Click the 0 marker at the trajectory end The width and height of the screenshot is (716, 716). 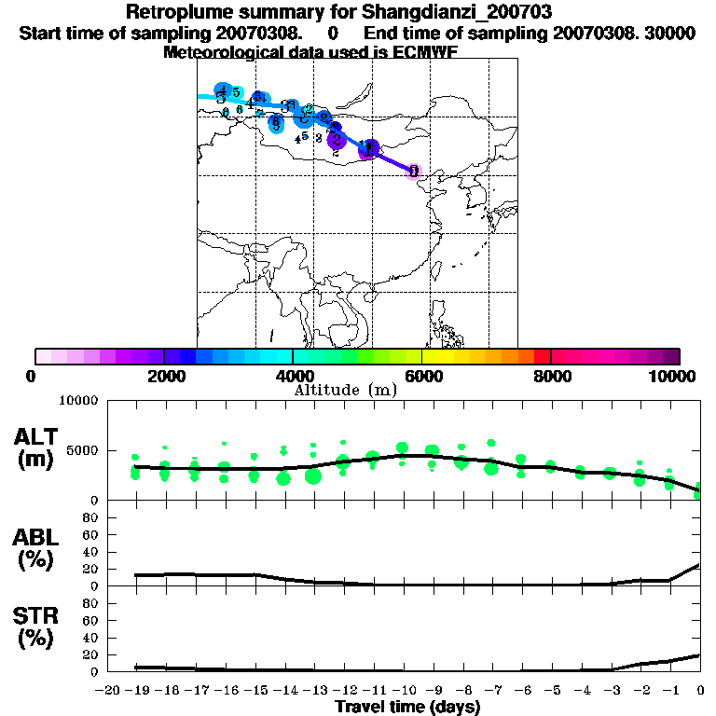[414, 171]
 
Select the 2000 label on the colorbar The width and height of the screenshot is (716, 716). [164, 376]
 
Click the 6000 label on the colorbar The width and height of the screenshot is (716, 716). [422, 376]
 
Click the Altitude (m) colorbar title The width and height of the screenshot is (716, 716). [346, 390]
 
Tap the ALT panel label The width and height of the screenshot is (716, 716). [37, 437]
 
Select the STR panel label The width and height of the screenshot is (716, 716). [37, 616]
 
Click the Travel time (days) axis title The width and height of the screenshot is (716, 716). [407, 707]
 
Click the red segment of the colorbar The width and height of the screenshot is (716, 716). [542, 356]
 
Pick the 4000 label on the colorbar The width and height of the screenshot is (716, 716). [293, 376]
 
